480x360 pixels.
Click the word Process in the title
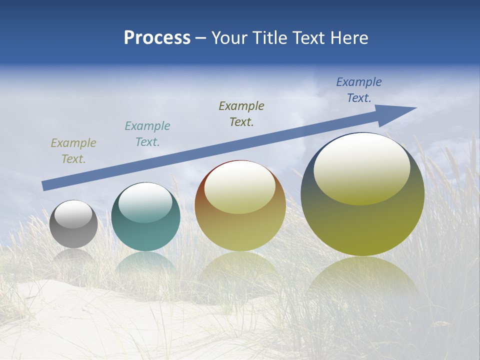click(x=157, y=38)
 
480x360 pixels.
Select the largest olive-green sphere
click(x=362, y=225)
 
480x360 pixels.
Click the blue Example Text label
click(x=359, y=90)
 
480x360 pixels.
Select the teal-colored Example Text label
click(x=147, y=134)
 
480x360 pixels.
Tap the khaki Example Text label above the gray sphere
click(x=73, y=151)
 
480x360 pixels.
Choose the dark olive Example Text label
click(x=241, y=113)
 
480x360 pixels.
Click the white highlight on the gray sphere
click(x=73, y=214)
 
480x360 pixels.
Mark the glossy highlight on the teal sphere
click(x=145, y=202)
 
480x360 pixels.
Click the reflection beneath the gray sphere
click(x=73, y=256)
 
